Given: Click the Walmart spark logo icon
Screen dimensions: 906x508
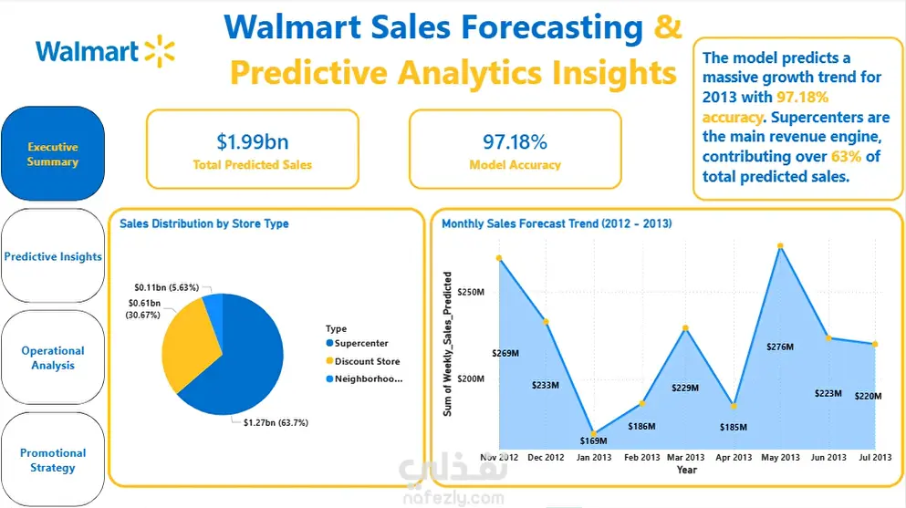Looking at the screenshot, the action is tap(160, 51).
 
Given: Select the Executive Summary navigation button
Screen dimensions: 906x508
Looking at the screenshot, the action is tap(53, 153).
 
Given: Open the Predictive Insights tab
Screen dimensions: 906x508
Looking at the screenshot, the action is tap(53, 255).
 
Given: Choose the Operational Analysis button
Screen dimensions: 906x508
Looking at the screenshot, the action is tap(53, 358).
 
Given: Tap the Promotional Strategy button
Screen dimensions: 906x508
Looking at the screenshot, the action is tap(53, 460).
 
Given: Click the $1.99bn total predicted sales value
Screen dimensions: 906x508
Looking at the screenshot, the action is tap(253, 141).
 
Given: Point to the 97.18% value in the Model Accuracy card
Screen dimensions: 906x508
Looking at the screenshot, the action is tap(515, 141).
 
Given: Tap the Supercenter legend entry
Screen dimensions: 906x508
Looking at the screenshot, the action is tap(357, 343).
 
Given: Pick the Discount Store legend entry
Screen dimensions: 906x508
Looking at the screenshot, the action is tap(363, 361).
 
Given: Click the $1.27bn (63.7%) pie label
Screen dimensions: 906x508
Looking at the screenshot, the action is tap(276, 422).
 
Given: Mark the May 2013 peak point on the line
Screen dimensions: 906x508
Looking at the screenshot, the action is tap(780, 246).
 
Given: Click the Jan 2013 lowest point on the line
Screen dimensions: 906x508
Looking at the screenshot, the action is tap(593, 433).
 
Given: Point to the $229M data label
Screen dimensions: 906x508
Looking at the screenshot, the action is tap(684, 388).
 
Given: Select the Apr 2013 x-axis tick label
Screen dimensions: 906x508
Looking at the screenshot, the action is tap(734, 457).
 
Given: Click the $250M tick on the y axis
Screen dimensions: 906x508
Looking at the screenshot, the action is tap(470, 292).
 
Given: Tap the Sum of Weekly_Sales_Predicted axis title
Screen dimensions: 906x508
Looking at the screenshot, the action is tap(447, 344).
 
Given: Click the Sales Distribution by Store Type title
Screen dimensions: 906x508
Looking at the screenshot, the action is tap(204, 223).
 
